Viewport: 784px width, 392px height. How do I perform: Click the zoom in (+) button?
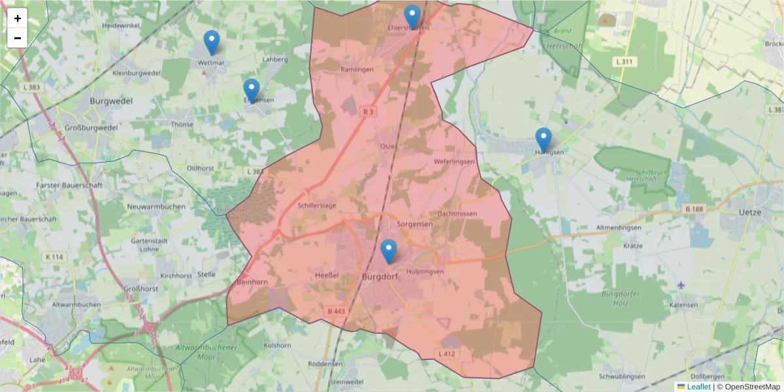pos(18,18)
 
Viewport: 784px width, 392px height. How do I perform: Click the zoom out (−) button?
pos(18,38)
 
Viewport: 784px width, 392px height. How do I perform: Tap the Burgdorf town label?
pos(379,277)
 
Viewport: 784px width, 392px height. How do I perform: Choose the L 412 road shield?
pos(447,354)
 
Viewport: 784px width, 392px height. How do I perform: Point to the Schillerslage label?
pos(317,206)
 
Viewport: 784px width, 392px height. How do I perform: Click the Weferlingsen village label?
pos(454,161)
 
